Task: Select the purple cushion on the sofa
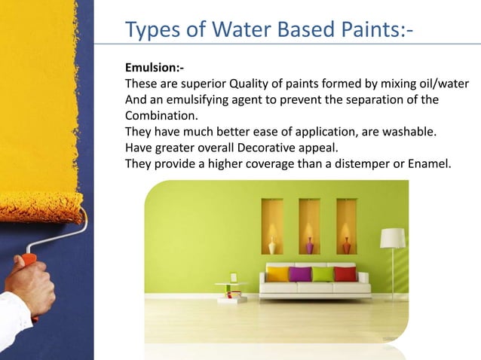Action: [301, 273]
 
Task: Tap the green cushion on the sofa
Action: [323, 273]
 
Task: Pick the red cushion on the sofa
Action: [345, 273]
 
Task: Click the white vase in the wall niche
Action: [272, 246]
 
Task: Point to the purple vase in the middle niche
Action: [309, 246]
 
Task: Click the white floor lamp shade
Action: [392, 238]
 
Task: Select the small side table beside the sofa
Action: [231, 289]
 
